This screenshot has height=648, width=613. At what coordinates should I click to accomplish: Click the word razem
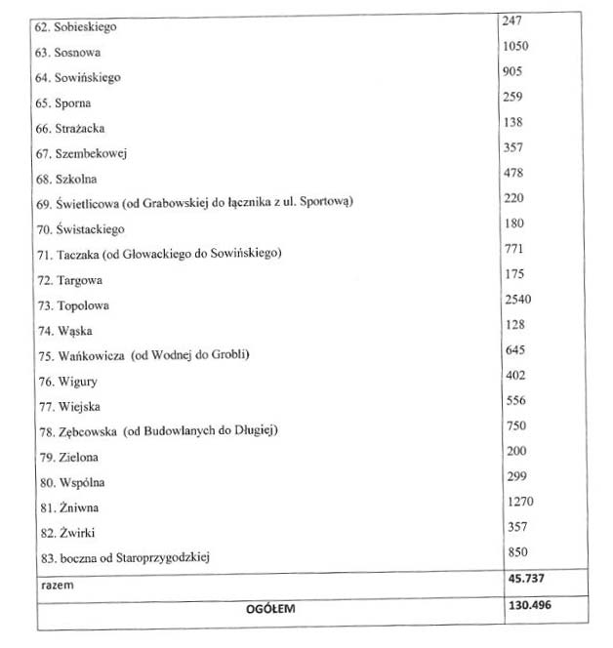tap(58, 586)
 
